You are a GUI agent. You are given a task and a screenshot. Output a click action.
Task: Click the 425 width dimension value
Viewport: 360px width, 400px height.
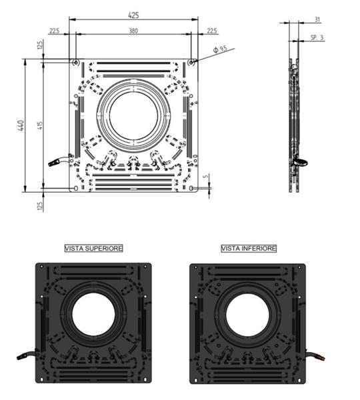coord(133,15)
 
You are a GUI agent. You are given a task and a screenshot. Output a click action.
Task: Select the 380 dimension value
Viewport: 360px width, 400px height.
coord(133,31)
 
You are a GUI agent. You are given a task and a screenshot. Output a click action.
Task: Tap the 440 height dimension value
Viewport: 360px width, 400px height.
coord(21,125)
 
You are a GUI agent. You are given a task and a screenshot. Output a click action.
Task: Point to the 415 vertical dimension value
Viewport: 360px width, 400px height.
coord(40,125)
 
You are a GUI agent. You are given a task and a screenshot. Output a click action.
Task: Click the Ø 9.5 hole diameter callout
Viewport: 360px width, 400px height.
coord(220,49)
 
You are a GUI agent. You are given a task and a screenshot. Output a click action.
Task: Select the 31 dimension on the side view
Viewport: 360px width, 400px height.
coord(317,19)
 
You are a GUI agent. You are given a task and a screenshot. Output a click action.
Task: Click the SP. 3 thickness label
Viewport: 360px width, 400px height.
coord(317,37)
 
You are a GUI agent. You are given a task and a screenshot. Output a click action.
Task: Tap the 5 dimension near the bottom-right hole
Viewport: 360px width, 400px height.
coord(206,176)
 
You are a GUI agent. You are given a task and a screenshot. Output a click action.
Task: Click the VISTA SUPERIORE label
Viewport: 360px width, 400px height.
coord(93,248)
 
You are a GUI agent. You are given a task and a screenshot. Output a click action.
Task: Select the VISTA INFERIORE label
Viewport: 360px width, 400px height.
coord(249,248)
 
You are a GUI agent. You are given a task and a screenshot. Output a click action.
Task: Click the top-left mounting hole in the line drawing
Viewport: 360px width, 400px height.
coord(76,62)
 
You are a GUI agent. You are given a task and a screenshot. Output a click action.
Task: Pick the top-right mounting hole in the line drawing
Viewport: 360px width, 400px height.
coord(191,62)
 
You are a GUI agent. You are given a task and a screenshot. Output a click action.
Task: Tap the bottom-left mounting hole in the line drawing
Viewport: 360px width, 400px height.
coord(76,188)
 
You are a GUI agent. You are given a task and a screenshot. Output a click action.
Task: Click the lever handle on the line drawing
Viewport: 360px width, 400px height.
coord(58,161)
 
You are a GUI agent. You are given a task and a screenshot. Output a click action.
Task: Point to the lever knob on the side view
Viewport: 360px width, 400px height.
coord(301,162)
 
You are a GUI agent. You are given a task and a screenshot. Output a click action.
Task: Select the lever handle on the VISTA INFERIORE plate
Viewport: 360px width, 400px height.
coord(315,355)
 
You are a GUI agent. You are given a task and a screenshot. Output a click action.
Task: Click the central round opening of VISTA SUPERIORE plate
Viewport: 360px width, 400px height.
coord(93,314)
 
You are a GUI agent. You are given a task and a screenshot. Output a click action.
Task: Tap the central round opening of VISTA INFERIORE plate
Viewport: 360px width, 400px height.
coord(247,315)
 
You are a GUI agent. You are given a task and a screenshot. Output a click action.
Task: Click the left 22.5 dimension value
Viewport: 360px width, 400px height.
coord(55,31)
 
